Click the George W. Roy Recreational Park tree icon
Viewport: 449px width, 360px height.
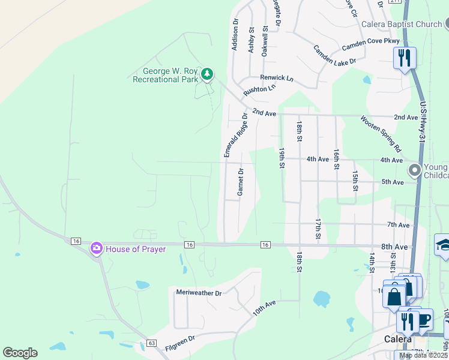coord(207,74)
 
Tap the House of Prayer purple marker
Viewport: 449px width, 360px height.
coord(96,248)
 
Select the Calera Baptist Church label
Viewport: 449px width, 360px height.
coord(402,25)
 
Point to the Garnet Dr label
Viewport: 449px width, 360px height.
coord(240,182)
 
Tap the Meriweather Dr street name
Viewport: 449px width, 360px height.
coord(199,293)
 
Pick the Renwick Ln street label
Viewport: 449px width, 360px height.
coord(277,78)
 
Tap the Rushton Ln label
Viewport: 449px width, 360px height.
coord(259,91)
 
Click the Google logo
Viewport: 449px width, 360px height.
coord(20,353)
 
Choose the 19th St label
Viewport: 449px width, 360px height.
coord(281,158)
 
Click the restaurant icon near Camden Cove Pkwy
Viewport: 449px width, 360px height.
coord(405,58)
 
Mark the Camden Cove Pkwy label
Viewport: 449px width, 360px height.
coord(370,44)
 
